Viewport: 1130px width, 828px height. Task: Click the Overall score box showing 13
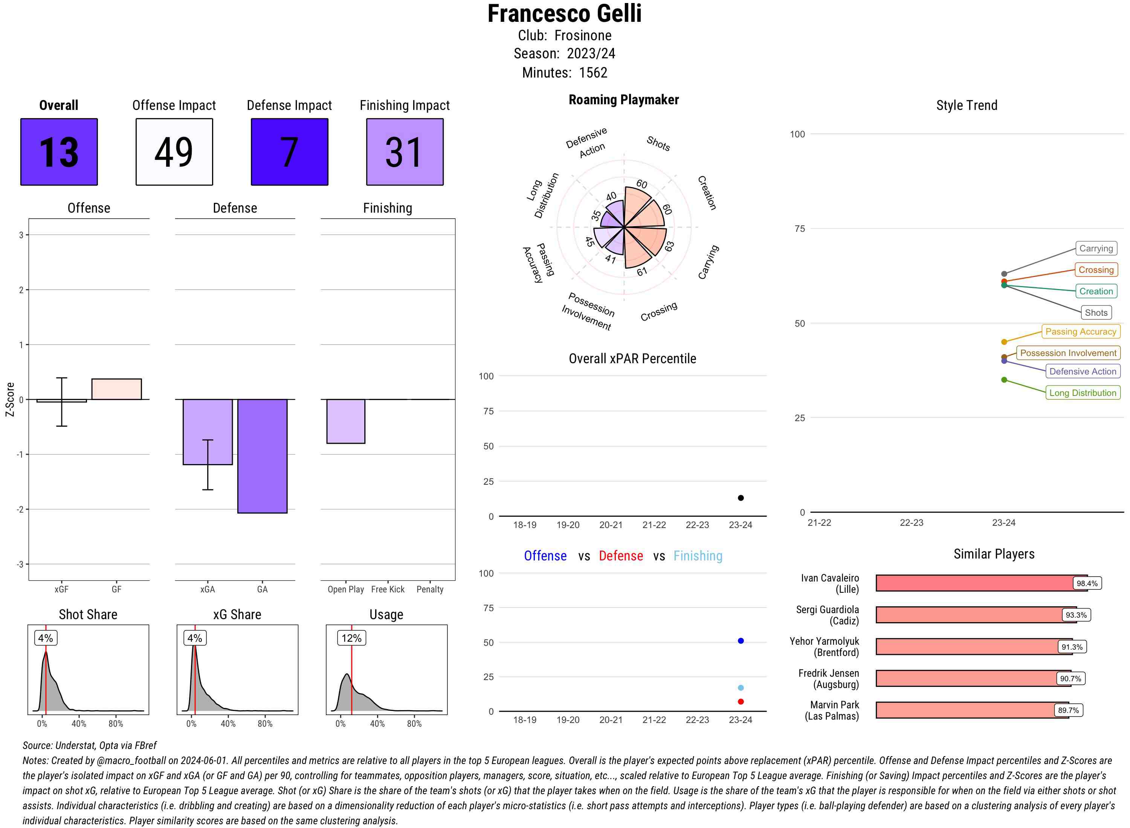(59, 152)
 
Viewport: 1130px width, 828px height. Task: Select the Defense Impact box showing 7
(289, 152)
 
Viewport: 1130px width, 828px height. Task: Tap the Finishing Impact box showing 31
(405, 152)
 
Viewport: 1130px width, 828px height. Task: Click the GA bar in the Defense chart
(262, 456)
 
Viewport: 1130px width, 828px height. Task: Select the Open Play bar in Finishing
(345, 421)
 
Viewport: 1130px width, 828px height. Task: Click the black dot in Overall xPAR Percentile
(740, 498)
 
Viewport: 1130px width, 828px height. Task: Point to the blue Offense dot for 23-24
(740, 641)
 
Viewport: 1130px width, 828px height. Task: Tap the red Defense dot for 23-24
(740, 702)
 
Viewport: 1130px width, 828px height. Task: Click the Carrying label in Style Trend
(1095, 249)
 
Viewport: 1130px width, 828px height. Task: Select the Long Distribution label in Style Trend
(1083, 393)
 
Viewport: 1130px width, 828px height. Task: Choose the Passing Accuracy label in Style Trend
(1080, 332)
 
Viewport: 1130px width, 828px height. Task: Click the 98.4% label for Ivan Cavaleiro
(1086, 583)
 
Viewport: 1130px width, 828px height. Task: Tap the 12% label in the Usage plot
(351, 638)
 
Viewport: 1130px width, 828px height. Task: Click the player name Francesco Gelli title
(564, 14)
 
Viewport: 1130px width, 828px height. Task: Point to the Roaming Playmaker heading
(623, 100)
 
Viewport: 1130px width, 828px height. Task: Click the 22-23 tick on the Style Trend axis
(911, 523)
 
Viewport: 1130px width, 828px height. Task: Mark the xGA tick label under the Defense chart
(207, 589)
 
